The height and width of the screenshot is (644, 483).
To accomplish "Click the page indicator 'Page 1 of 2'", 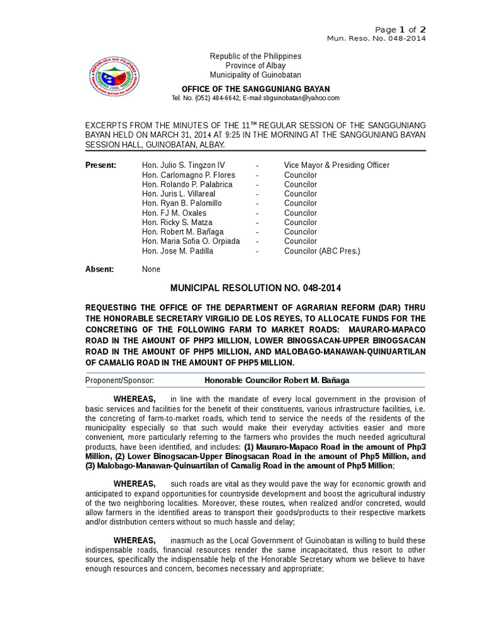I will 401,30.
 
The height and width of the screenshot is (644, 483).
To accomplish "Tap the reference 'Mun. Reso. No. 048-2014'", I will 377,39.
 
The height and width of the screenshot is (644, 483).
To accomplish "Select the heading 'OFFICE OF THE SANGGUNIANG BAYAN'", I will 255,89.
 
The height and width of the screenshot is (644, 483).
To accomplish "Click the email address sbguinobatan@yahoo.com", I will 301,98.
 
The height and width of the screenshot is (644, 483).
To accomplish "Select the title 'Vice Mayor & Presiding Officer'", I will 336,165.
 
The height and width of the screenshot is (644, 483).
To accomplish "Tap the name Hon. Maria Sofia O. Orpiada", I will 191,241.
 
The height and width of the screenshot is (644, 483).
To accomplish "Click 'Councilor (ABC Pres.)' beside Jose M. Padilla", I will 322,251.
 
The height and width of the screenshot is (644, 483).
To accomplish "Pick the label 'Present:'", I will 101,165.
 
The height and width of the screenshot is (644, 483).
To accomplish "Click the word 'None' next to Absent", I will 151,269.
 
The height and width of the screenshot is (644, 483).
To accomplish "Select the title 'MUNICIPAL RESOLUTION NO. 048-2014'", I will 255,288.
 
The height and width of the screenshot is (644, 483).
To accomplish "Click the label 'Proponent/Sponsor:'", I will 119,380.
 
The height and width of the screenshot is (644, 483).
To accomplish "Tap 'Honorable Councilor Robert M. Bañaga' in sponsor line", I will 277,380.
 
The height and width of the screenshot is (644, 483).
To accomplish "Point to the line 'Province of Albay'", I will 255,66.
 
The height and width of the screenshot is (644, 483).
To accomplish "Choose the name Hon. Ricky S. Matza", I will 177,222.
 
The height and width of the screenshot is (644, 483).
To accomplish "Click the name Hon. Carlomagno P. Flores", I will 189,175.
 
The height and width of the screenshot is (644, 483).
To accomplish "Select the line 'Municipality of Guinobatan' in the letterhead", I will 255,75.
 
